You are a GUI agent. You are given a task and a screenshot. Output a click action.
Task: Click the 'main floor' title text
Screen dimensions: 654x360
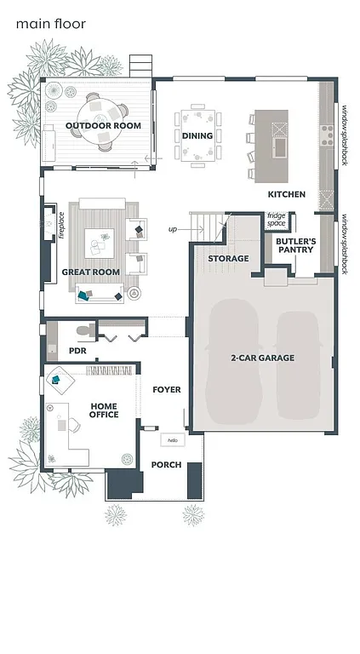click(x=50, y=24)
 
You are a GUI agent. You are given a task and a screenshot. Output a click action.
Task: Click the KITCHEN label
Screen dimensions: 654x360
click(x=287, y=194)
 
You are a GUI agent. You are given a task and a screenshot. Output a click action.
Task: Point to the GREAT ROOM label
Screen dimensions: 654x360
click(x=90, y=272)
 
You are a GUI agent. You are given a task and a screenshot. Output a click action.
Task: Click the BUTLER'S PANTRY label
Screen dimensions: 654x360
click(x=295, y=245)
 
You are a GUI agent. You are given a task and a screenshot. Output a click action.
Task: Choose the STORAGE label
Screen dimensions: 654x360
click(x=229, y=258)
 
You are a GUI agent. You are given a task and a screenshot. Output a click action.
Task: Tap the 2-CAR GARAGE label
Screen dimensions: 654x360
click(x=262, y=358)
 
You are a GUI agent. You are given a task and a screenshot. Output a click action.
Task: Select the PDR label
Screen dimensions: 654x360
click(x=77, y=350)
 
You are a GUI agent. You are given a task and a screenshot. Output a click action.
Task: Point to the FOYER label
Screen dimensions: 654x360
click(x=166, y=389)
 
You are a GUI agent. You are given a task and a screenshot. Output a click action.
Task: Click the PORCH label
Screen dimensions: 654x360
click(x=166, y=464)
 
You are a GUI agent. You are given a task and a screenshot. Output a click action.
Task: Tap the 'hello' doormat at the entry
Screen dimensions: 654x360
click(x=173, y=440)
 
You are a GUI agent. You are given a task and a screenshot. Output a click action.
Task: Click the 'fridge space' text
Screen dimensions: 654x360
click(x=277, y=219)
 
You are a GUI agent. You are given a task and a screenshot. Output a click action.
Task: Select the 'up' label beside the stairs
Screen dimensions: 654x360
click(x=173, y=228)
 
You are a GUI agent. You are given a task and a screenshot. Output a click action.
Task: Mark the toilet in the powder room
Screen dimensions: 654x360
click(x=81, y=330)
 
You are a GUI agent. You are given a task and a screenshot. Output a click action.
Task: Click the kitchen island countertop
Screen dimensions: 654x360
click(x=278, y=146)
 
